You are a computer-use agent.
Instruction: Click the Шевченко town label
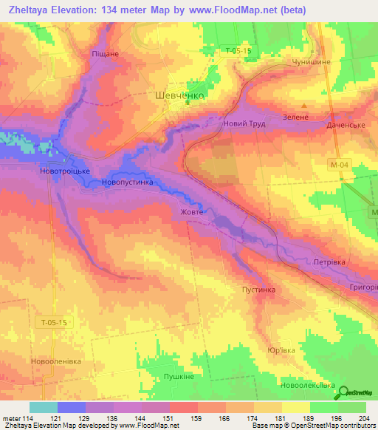[180, 95]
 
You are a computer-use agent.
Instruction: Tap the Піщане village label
[105, 54]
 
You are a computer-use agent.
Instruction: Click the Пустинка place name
[258, 290]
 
